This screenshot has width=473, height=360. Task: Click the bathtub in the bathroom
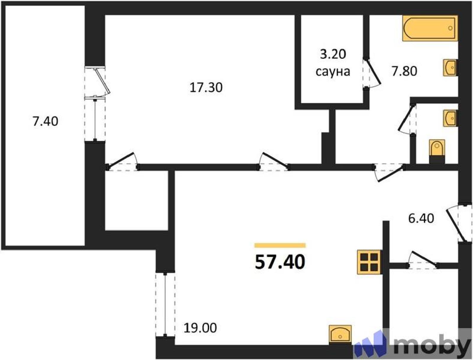pos(430,28)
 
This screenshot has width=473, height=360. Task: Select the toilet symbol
pos(437,151)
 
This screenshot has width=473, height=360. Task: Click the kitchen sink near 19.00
pos(340,335)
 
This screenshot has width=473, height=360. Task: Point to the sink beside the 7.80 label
pos(450,68)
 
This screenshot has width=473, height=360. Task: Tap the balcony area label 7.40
pos(45,121)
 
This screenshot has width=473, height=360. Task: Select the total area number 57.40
pos(280,262)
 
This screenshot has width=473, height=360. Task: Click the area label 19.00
pos(200,328)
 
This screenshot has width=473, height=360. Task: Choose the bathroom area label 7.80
pos(404,71)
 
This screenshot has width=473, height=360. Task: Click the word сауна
pos(333,72)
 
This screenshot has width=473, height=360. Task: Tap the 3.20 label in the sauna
pos(333,54)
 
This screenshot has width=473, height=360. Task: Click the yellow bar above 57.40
pos(280,245)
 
